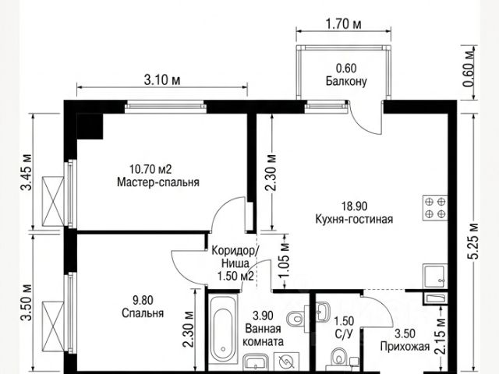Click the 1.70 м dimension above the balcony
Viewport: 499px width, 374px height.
point(343,24)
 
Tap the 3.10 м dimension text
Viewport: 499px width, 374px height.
point(162,79)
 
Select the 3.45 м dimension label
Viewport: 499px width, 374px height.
point(27,172)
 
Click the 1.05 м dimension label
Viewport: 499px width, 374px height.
point(285,260)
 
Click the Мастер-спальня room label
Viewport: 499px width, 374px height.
point(158,182)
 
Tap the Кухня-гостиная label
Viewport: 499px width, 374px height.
point(354,219)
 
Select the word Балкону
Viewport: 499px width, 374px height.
point(346,81)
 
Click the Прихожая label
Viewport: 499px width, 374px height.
point(405,346)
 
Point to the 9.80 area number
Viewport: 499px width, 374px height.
point(143,300)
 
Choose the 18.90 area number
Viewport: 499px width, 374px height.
point(354,206)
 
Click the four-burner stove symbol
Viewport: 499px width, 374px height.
point(435,208)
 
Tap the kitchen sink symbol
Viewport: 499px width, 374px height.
point(435,276)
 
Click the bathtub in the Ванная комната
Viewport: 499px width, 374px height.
point(224,328)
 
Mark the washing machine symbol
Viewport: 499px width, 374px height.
point(286,362)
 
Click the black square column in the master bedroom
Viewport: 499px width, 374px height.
point(90,126)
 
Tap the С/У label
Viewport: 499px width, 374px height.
point(344,334)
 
